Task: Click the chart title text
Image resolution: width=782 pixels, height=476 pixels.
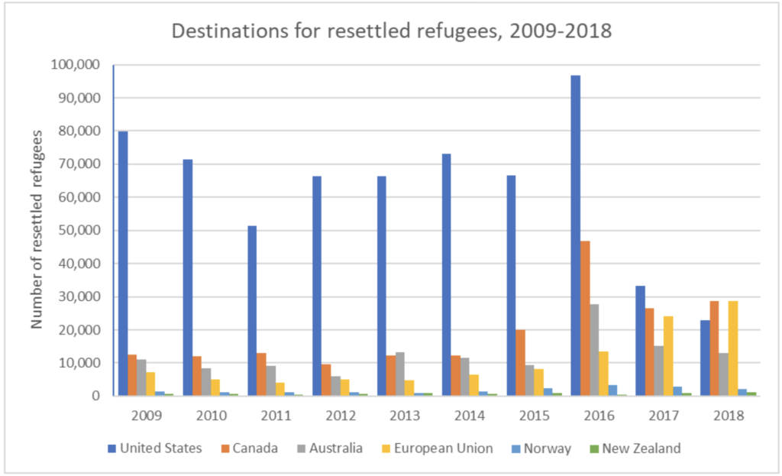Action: [390, 32]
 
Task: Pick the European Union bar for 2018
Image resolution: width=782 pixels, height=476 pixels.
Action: [734, 348]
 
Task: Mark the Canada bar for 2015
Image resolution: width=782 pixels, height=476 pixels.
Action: [520, 363]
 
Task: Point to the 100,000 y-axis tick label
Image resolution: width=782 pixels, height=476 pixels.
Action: [76, 65]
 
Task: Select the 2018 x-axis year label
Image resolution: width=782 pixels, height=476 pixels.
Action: [726, 418]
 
